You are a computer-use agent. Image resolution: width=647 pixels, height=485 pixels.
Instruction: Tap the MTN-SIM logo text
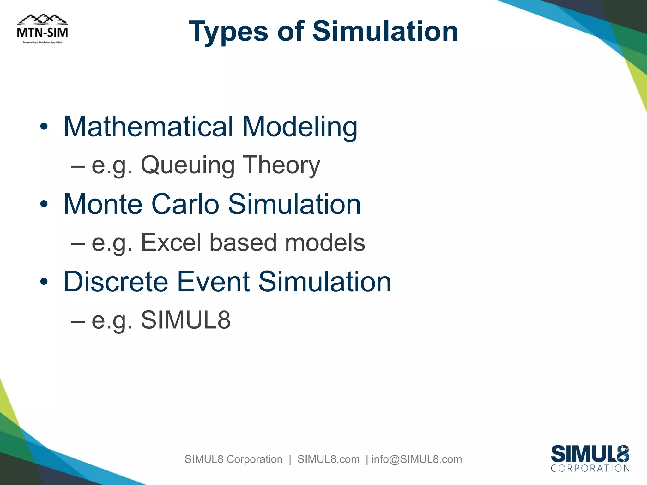click(x=42, y=33)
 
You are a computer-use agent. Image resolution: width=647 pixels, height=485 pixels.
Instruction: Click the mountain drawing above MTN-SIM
click(x=42, y=20)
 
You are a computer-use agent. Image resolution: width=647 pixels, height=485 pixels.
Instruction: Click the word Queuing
click(x=188, y=165)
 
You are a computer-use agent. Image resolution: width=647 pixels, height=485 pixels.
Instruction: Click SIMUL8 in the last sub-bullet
click(x=185, y=320)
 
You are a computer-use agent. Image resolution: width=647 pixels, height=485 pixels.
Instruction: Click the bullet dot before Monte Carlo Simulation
click(x=44, y=204)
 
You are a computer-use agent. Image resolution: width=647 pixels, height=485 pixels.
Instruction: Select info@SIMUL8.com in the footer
click(x=416, y=459)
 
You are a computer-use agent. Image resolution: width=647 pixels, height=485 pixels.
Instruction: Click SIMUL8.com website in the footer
click(x=328, y=459)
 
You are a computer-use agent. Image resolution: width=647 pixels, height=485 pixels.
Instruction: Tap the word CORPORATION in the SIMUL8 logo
click(x=590, y=468)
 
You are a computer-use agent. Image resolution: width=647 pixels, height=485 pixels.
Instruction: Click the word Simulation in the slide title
click(x=385, y=32)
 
